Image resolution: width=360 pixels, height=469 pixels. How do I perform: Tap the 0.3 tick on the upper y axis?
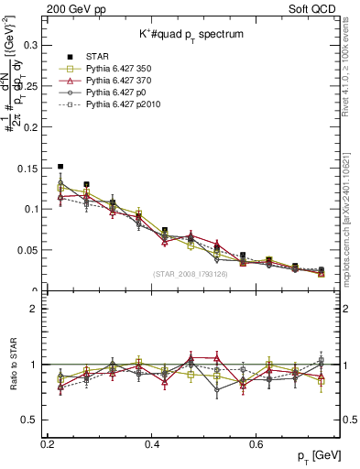(32, 44)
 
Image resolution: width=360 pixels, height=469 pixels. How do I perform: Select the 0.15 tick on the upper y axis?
(29, 168)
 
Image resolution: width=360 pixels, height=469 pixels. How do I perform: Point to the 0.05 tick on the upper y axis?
(29, 250)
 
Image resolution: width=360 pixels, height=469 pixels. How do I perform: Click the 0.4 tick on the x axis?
(152, 443)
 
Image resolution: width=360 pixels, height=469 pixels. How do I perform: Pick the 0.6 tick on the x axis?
(256, 443)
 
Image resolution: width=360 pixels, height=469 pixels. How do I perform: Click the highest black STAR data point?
(60, 167)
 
